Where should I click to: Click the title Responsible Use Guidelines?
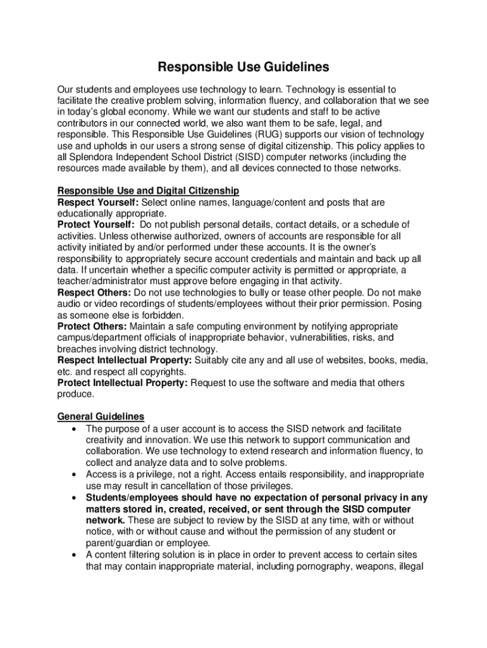point(244,66)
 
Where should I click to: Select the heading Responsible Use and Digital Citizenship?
point(148,190)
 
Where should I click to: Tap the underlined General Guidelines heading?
point(101,416)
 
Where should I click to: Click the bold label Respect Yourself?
point(98,202)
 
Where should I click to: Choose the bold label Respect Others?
point(94,292)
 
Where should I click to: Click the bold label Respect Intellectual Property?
point(125,360)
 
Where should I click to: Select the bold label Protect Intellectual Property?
point(123,383)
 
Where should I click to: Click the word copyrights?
point(165,371)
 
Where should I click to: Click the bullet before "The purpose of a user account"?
point(75,429)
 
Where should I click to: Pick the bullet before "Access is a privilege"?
point(75,475)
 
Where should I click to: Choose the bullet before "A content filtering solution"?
point(75,555)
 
